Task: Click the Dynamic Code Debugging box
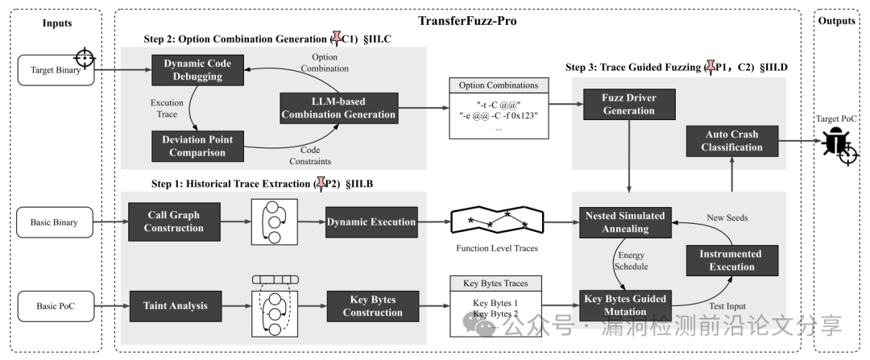point(197,70)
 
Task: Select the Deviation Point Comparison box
point(197,146)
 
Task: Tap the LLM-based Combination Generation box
point(339,108)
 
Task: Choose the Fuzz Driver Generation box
point(628,104)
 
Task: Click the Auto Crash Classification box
point(731,141)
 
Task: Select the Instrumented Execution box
point(731,260)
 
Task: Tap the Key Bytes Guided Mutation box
point(625,306)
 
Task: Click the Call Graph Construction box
point(174,222)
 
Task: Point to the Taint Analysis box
point(176,306)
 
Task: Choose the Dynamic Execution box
point(371,222)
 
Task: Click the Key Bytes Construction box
point(373,306)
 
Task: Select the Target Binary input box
point(56,70)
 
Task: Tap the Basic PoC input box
point(56,306)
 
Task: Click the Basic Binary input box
point(55,222)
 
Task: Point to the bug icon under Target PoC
point(835,142)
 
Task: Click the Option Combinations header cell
point(499,85)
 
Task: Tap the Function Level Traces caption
point(497,249)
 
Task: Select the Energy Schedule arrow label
point(631,261)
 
